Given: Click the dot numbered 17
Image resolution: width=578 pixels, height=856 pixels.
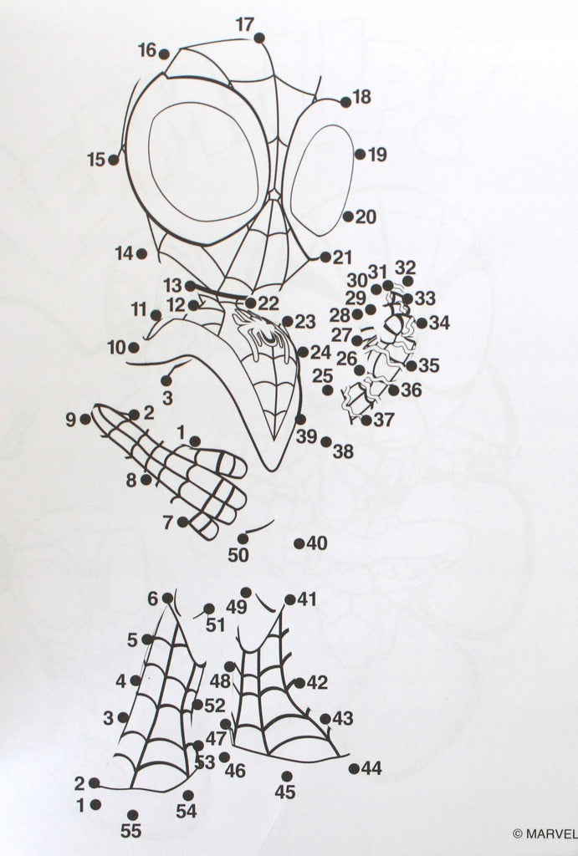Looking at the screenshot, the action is (x=259, y=38).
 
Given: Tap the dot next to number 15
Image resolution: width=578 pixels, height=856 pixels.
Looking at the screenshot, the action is (x=114, y=160).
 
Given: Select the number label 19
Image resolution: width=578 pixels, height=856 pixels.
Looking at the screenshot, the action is (x=377, y=155).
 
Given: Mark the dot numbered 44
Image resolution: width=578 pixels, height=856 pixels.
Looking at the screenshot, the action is (x=354, y=769).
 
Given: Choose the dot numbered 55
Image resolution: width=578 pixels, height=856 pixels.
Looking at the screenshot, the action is (x=132, y=816).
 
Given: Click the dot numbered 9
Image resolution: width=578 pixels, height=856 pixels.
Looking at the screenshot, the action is (x=85, y=420).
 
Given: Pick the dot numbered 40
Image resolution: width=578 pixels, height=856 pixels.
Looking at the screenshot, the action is (x=299, y=543).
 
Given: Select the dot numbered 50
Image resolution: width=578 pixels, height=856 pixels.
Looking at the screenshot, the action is (x=243, y=539).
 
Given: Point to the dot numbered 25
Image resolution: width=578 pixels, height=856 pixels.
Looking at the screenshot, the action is (x=327, y=390).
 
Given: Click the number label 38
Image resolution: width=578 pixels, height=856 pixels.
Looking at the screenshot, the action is (x=343, y=451).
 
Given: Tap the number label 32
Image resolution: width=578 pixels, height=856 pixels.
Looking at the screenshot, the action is (x=406, y=268).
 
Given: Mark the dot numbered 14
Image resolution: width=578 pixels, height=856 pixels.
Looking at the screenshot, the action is (x=141, y=253).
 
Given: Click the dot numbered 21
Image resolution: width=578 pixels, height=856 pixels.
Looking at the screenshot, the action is (x=325, y=257).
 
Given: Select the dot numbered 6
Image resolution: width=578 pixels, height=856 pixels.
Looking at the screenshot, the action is (x=168, y=599).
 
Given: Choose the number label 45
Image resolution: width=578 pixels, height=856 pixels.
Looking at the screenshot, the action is (x=285, y=792).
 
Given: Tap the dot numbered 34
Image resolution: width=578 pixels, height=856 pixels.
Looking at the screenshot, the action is (x=422, y=324).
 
